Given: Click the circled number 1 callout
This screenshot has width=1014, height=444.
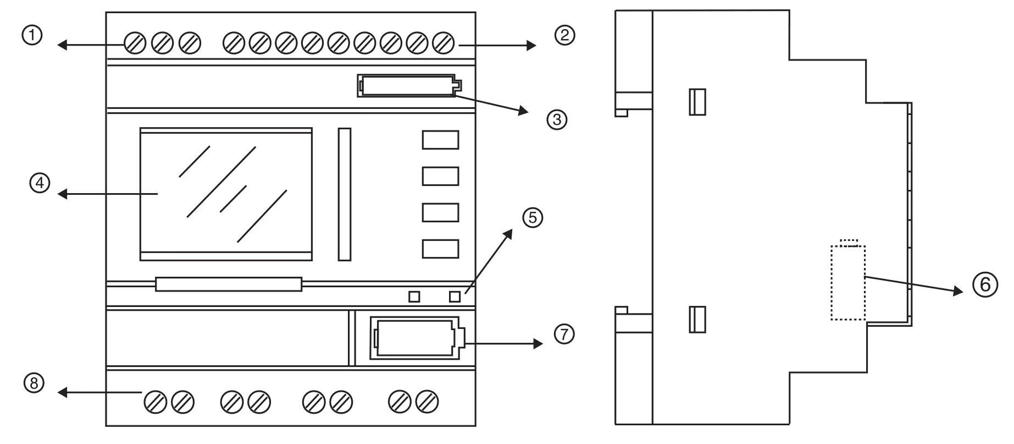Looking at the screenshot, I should tap(32, 36).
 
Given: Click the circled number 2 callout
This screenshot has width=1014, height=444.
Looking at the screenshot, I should tap(564, 36).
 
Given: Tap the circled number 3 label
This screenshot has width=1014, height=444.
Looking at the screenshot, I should tap(557, 119).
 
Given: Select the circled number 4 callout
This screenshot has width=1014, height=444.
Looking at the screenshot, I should tap(40, 183).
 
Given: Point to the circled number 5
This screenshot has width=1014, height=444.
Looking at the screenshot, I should tap(532, 217).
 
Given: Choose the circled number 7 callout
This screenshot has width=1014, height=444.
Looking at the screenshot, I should tap(564, 334).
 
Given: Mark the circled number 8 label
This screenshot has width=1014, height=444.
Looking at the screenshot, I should tap(34, 383).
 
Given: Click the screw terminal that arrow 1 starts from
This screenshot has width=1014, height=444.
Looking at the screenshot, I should tap(135, 43).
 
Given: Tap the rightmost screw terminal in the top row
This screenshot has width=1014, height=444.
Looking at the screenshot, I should tap(443, 43).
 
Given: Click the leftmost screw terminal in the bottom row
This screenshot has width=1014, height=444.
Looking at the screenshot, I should tap(155, 402).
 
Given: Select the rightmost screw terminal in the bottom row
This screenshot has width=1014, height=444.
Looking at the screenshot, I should tap(427, 402).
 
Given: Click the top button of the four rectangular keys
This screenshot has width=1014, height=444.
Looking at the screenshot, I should tap(440, 140).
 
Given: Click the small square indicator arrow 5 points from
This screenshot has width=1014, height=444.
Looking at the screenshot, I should tap(455, 297).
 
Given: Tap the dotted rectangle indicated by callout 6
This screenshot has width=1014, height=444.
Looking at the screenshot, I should tap(847, 282).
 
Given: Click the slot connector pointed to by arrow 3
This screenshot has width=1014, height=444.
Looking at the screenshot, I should tap(408, 86).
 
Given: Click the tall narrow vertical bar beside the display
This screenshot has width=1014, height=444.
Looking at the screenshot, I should tap(345, 194).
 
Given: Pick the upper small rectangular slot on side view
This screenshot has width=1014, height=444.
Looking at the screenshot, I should tap(697, 102).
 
